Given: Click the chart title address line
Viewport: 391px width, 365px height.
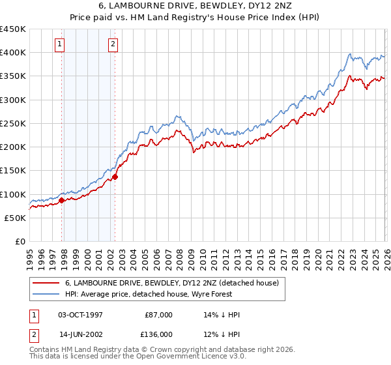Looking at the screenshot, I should pyautogui.click(x=195, y=6).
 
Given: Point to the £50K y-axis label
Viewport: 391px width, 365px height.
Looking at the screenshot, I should pyautogui.click(x=14, y=218).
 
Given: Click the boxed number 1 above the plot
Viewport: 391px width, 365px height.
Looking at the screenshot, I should pyautogui.click(x=60, y=44).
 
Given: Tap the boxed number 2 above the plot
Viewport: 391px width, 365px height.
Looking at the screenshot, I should pyautogui.click(x=113, y=44).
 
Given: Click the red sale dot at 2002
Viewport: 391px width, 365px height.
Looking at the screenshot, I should pyautogui.click(x=115, y=177).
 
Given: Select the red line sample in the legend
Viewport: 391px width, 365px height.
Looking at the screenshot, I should pyautogui.click(x=46, y=283).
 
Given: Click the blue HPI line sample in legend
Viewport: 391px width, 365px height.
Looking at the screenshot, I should pyautogui.click(x=46, y=294).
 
